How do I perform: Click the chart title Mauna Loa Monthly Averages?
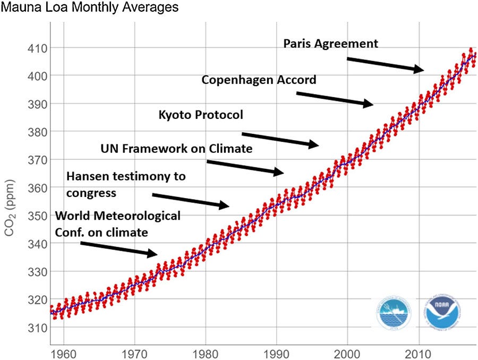tap(89, 8)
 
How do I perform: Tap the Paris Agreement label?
tap(330, 44)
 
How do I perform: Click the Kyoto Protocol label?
tap(201, 115)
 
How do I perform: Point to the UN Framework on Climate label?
tap(176, 149)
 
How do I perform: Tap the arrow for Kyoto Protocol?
tap(280, 139)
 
